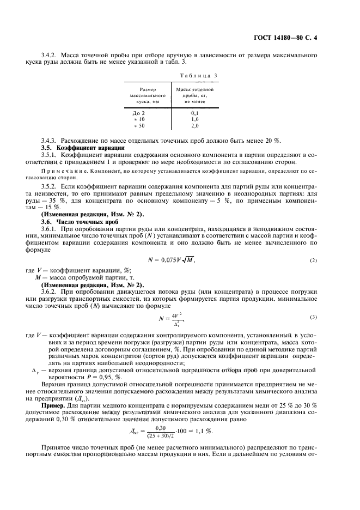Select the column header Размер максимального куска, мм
pos(148,95)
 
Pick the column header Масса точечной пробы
pos(194,95)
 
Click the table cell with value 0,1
pos(194,113)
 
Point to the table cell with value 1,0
pos(194,119)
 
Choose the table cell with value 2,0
pos(194,125)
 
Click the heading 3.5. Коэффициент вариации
pos(83,148)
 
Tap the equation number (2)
pos(313,260)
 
